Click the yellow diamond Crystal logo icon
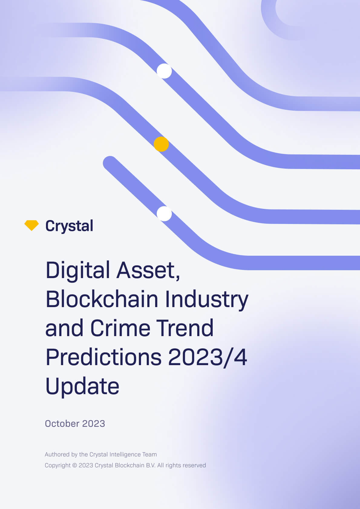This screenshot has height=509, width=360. [x=31, y=225]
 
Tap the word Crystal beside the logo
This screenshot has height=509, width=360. [x=69, y=226]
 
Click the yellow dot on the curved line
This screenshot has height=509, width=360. [x=161, y=144]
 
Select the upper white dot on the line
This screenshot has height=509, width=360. [x=164, y=71]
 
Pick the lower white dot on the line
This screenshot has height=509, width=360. [x=164, y=214]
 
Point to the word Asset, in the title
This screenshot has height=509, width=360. [x=149, y=270]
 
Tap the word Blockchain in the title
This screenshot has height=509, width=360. [x=102, y=299]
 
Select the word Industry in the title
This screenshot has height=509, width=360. [x=207, y=299]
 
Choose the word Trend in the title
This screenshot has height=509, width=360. [x=185, y=328]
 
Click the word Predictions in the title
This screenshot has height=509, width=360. [x=103, y=357]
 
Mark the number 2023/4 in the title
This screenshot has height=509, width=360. [x=208, y=357]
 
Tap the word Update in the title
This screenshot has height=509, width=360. [x=82, y=386]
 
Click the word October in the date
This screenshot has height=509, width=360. [x=62, y=424]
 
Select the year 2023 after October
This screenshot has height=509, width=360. [x=93, y=424]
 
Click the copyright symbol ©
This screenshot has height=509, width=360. [x=74, y=465]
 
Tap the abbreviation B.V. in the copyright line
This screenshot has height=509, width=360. [x=151, y=465]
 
